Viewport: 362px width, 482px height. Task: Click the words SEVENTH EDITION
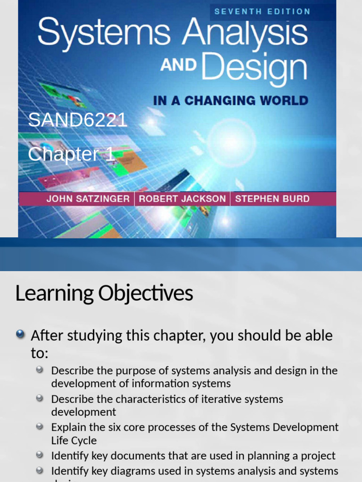(263, 11)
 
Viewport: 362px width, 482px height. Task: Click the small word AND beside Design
(178, 65)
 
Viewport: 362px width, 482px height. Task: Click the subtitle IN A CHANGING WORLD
(230, 100)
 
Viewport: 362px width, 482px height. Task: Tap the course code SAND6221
(78, 120)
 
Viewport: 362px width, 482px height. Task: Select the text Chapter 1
(71, 154)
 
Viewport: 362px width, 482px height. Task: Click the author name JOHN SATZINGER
(88, 199)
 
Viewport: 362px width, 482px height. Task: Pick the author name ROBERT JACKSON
(182, 199)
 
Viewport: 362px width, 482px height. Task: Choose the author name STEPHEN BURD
(272, 199)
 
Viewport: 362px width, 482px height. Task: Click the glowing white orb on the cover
(231, 142)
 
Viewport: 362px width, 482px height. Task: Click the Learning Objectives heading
(104, 293)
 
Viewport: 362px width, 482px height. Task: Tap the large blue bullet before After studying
(20, 335)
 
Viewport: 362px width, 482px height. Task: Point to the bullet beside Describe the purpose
(41, 370)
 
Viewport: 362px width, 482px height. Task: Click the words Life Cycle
(74, 441)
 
